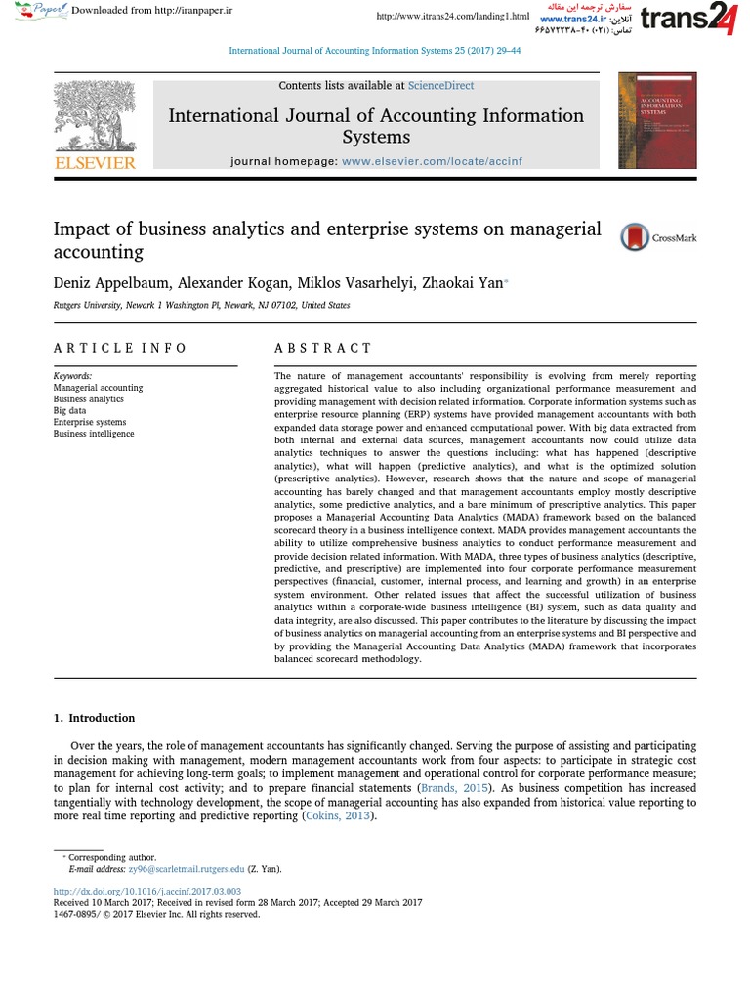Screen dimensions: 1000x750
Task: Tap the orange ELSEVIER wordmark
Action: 95,163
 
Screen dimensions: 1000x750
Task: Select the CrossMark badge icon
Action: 636,237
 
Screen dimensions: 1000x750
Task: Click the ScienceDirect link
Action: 440,86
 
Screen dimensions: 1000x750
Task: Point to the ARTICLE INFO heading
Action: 119,348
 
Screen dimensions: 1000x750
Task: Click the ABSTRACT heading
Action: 322,348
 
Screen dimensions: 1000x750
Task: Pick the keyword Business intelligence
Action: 94,433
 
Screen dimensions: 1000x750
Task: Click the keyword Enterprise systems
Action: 89,422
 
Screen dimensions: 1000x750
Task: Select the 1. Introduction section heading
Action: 94,718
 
